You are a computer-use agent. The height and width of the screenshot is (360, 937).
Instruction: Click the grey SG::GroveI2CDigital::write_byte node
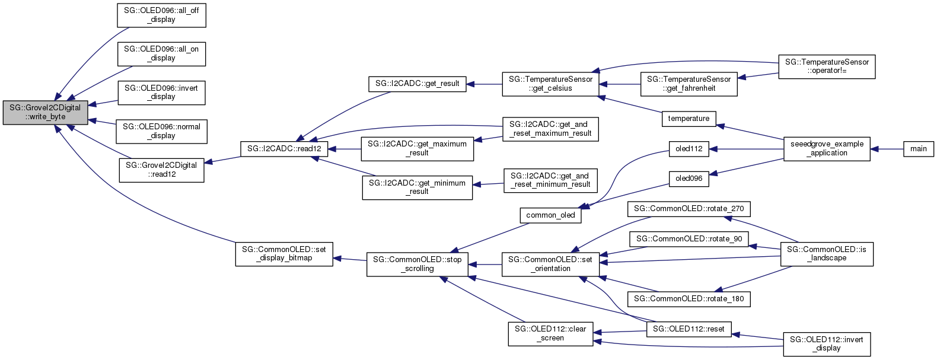pos(45,112)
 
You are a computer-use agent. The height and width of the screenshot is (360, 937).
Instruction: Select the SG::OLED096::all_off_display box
pos(161,15)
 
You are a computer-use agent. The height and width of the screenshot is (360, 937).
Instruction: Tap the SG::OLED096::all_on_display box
pos(161,53)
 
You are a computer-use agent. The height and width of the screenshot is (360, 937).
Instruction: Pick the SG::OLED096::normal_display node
pos(161,131)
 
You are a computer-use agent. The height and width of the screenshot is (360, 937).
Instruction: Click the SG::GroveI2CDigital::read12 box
pos(161,170)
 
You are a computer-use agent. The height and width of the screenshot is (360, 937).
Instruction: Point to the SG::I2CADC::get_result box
pos(417,84)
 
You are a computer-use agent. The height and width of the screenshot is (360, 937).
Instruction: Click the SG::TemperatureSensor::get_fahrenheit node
pos(689,84)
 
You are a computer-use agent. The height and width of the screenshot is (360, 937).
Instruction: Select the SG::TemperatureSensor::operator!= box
pos(827,66)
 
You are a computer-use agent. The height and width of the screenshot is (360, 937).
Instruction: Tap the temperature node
pos(689,119)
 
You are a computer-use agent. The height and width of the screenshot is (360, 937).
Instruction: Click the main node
pos(918,149)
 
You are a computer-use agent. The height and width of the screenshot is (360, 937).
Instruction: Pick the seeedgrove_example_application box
pos(827,149)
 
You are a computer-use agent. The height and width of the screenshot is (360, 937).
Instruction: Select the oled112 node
pos(689,149)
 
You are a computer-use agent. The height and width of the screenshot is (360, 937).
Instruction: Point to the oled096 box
pos(689,178)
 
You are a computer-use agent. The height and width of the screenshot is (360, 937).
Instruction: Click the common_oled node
pos(550,215)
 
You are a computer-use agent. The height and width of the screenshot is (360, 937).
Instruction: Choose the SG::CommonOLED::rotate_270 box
pos(689,209)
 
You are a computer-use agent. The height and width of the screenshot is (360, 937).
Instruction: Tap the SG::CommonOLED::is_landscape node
pos(827,254)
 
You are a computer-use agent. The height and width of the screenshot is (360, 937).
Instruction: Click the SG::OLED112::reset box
pos(689,329)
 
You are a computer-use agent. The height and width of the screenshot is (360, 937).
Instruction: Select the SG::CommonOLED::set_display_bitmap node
pos(284,254)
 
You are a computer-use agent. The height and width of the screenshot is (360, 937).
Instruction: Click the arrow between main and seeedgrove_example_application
pos(887,149)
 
